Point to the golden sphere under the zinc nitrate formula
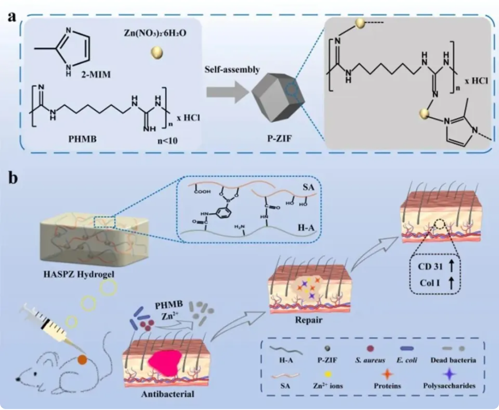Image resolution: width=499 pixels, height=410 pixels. pos(156,53)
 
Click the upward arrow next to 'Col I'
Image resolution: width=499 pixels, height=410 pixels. pos(450,283)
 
